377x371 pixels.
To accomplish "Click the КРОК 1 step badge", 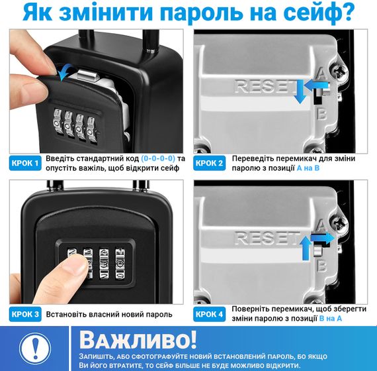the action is pos(25,163).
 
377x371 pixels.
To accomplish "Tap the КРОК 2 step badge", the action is pos(210,163).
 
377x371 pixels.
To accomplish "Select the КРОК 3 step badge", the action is pos(25,314).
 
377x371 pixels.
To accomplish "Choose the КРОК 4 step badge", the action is pos(210,314).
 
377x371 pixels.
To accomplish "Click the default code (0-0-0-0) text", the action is pos(158,158).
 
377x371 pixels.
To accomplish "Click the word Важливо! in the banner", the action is pos(138,340).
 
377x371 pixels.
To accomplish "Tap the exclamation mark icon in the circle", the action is pos(35,348).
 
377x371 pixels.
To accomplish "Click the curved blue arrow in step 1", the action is pos(63,72).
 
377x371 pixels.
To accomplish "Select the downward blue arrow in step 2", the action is pos(300,92).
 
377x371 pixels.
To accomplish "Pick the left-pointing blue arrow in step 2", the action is pos(316,85).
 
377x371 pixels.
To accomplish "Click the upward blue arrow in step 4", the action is pos(306,248).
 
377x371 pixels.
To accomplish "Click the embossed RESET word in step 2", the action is pos(265,86).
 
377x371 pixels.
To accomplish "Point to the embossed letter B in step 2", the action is pos(321,114).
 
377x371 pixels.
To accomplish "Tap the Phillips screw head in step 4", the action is pos(339,222).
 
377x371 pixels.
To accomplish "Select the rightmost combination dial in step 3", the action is pos(120,264).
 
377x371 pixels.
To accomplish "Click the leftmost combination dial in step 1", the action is pos(58,123).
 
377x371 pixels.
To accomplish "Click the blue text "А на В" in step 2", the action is pos(308,168).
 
